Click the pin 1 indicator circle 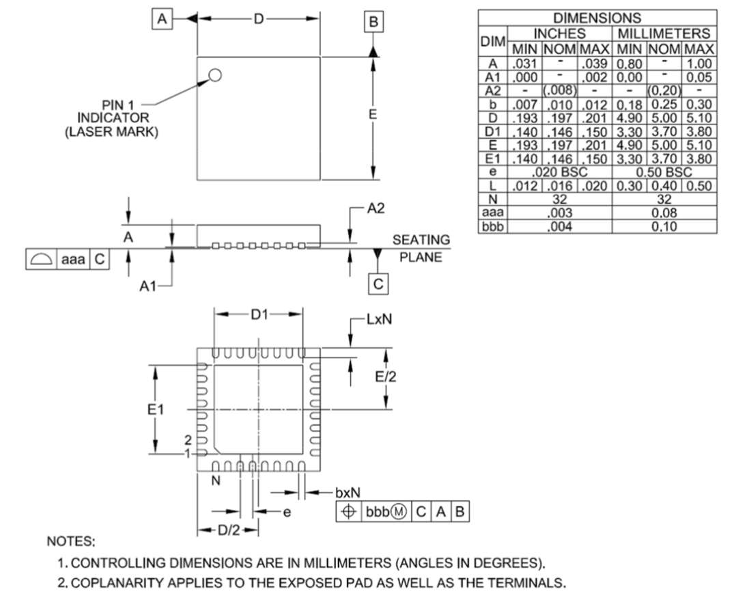point(215,75)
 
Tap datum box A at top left point(162,19)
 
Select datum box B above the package point(373,22)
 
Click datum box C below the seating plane point(378,284)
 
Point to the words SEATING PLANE point(421,249)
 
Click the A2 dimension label point(376,208)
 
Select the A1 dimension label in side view point(150,287)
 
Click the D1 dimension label point(259,314)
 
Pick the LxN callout point(378,320)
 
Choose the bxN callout point(348,492)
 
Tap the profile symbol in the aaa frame point(40,260)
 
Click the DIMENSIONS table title point(597,18)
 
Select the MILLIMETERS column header point(664,33)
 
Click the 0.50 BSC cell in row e point(664,172)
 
